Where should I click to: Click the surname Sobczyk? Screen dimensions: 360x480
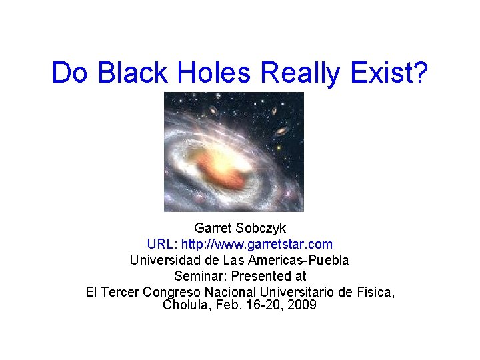pos(261,229)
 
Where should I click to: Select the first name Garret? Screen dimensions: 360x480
pos(212,229)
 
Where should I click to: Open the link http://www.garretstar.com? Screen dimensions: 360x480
pos(259,245)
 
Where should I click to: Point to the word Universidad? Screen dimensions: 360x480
pos(164,260)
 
